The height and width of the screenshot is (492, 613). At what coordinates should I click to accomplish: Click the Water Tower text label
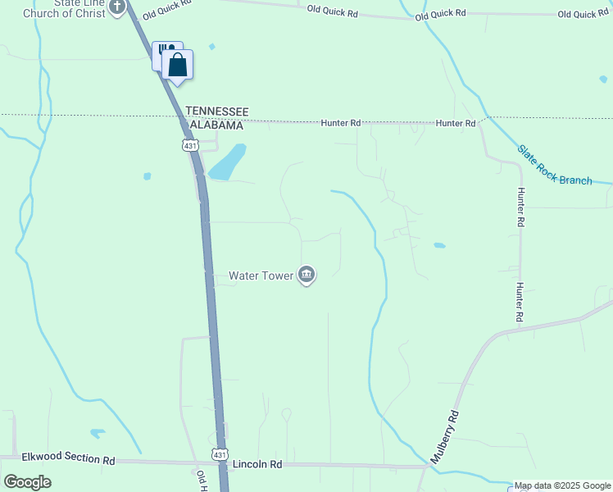pyautogui.click(x=261, y=276)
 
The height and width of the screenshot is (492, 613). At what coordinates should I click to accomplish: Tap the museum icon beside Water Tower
pyautogui.click(x=306, y=274)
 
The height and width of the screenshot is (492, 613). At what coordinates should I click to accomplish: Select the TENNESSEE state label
pyautogui.click(x=217, y=111)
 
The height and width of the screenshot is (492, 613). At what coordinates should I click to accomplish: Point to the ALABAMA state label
pyautogui.click(x=217, y=125)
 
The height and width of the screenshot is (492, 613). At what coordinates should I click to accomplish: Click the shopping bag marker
pyautogui.click(x=178, y=65)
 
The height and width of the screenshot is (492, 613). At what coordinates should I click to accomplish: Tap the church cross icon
pyautogui.click(x=117, y=7)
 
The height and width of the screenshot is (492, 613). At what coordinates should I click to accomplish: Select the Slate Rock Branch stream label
pyautogui.click(x=554, y=165)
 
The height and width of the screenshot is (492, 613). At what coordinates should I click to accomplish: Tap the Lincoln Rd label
pyautogui.click(x=257, y=464)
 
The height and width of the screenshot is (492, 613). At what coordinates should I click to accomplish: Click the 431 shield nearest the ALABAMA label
pyautogui.click(x=190, y=145)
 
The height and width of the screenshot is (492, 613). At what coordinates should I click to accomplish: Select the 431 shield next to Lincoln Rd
pyautogui.click(x=220, y=454)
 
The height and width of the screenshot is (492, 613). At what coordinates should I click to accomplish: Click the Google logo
pyautogui.click(x=27, y=481)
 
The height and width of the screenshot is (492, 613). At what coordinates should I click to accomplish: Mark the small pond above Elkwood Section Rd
pyautogui.click(x=98, y=433)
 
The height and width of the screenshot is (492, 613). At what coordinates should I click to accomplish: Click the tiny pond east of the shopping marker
pyautogui.click(x=212, y=47)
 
